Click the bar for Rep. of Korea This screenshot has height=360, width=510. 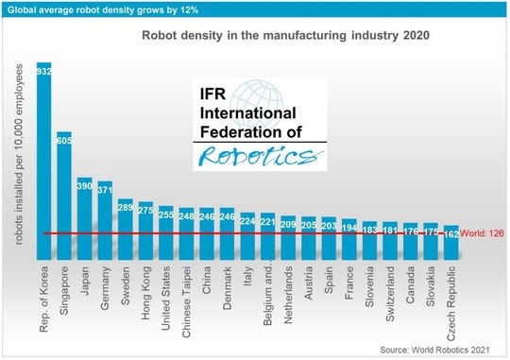tap(43, 161)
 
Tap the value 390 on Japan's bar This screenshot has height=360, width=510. tap(84, 185)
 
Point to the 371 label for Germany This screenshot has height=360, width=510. tap(105, 189)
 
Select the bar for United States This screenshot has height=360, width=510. tap(166, 232)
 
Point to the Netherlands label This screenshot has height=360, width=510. tap(289, 295)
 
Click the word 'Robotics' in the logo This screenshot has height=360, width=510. tap(256, 155)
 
